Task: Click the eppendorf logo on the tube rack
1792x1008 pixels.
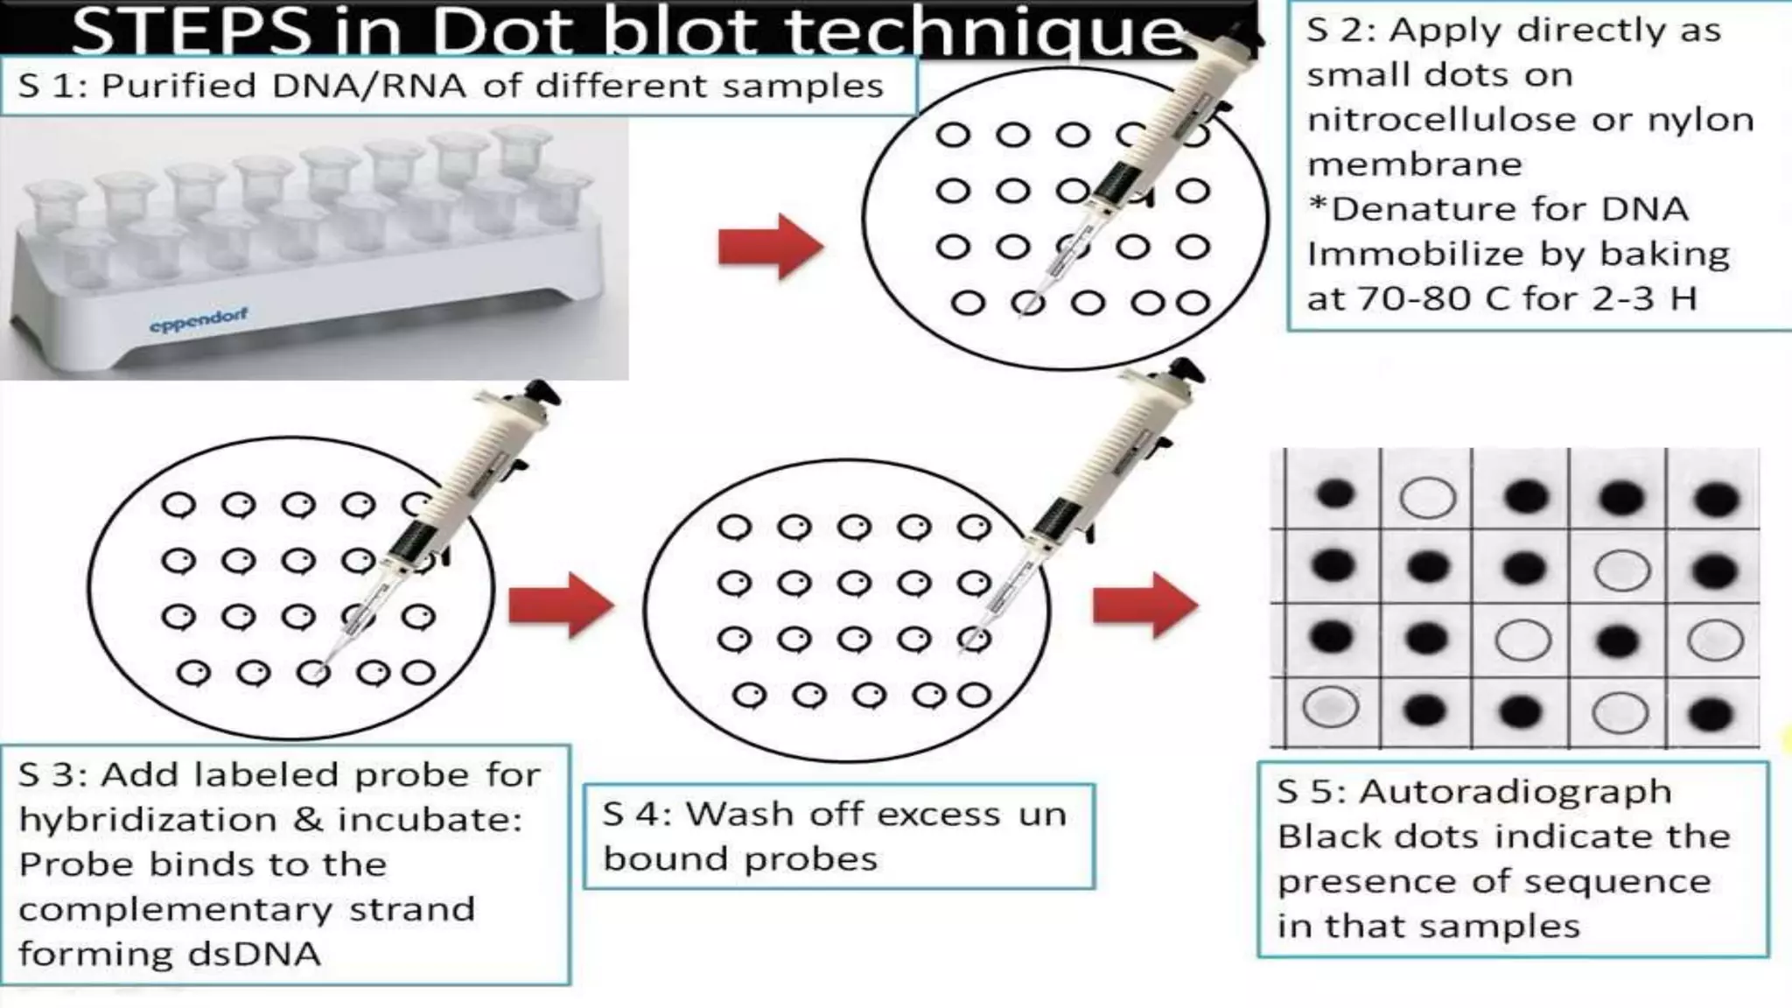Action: click(x=199, y=320)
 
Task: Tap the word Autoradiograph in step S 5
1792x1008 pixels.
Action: click(x=1515, y=792)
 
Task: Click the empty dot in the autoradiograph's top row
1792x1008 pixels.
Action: click(x=1427, y=498)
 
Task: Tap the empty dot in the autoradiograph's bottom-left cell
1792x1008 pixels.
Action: click(x=1331, y=707)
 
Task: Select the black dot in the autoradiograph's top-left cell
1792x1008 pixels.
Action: click(x=1334, y=494)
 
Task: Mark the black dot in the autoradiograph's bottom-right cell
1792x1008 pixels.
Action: click(x=1711, y=713)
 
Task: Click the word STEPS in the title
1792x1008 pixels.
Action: click(x=191, y=31)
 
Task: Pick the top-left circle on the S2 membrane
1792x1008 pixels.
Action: click(x=953, y=136)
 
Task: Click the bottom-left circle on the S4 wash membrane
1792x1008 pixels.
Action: click(x=750, y=696)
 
